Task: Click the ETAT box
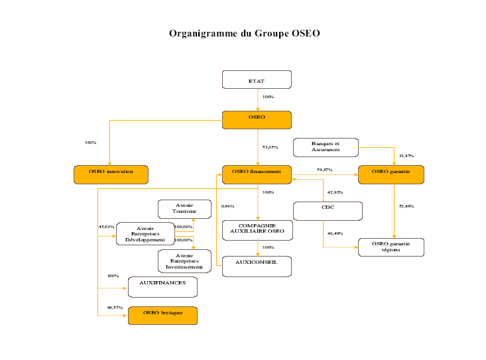click(x=257, y=80)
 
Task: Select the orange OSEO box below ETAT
click(x=257, y=119)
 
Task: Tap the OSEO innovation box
click(x=111, y=174)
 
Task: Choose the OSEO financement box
click(x=257, y=174)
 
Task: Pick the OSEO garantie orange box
click(x=391, y=174)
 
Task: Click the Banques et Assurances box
click(x=326, y=147)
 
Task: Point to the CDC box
click(x=328, y=210)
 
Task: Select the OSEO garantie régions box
click(x=391, y=247)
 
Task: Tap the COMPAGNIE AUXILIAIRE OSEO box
click(x=257, y=229)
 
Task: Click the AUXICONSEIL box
click(x=257, y=265)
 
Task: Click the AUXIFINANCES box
click(x=162, y=286)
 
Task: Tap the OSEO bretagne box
click(x=162, y=315)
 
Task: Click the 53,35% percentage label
click(x=270, y=147)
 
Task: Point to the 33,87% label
click(x=406, y=156)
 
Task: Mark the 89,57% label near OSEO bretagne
click(x=115, y=308)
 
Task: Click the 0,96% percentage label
click(x=227, y=206)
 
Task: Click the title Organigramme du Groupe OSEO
click(x=244, y=33)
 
